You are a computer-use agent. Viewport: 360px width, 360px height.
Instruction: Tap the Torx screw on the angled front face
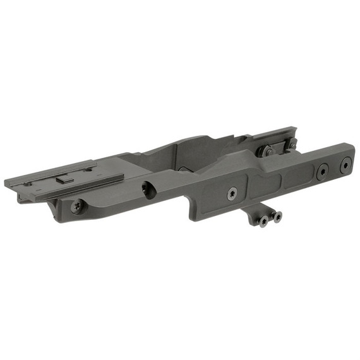76,205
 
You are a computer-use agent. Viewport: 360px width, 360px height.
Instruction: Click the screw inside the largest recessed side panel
232,193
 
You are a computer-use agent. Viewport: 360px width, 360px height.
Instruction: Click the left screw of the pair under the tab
263,221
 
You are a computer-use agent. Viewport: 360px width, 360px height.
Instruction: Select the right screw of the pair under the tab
277,217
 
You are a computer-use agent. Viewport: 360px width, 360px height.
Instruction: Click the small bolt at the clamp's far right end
292,145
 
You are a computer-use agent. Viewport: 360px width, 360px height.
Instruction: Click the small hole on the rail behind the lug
88,169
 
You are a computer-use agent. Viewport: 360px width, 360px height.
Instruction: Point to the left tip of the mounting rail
8,184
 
